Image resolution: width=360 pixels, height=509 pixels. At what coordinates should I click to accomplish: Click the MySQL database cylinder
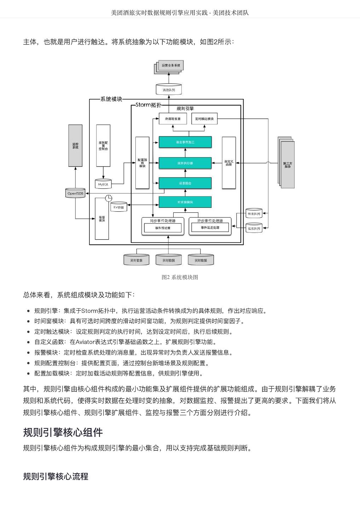click(x=103, y=184)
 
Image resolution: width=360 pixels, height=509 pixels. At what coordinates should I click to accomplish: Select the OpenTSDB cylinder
click(x=75, y=193)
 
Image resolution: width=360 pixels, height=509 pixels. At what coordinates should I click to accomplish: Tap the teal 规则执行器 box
click(x=185, y=163)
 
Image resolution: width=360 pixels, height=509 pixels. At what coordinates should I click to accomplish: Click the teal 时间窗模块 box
click(x=185, y=202)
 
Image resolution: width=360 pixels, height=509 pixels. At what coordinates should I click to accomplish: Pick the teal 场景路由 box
click(x=185, y=183)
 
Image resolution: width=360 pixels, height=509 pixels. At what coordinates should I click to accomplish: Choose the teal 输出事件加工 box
click(x=185, y=142)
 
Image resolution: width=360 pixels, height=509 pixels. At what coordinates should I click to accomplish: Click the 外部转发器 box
click(x=173, y=119)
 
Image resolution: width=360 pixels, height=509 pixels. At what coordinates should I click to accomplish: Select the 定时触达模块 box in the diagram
click(x=204, y=119)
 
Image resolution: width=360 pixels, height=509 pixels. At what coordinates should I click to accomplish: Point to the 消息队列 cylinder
click(x=169, y=89)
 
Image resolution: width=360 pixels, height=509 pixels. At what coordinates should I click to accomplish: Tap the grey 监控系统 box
click(x=75, y=145)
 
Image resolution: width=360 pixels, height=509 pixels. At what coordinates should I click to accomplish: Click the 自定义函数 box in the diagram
click(x=229, y=163)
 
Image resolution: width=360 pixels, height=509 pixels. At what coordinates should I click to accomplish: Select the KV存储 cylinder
click(x=119, y=207)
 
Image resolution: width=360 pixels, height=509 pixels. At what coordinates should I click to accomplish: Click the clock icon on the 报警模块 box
click(x=109, y=198)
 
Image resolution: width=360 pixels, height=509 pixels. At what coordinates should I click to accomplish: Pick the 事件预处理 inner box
click(x=163, y=228)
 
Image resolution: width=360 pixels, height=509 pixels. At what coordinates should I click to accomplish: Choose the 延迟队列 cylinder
click(x=254, y=228)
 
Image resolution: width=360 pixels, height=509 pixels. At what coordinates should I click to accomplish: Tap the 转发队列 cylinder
click(x=254, y=213)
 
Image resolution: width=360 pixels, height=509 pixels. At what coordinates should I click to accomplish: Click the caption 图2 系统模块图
click(x=180, y=277)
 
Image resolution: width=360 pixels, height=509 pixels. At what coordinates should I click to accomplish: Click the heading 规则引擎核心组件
click(x=63, y=432)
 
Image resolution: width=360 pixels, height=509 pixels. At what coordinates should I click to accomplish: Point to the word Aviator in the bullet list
click(x=86, y=342)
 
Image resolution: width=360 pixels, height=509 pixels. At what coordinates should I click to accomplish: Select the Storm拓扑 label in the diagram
click(x=149, y=105)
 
